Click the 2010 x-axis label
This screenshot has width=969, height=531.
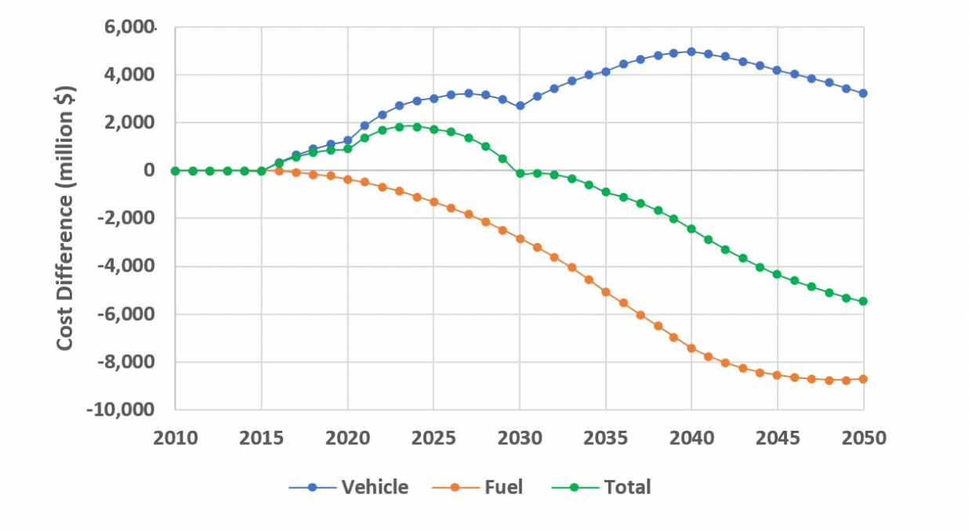(175, 438)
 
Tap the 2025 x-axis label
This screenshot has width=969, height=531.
(434, 438)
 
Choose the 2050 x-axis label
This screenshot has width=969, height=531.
(863, 438)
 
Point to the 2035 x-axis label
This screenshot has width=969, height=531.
(605, 438)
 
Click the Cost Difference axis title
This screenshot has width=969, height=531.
(66, 219)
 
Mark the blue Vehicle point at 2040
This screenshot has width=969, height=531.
(691, 52)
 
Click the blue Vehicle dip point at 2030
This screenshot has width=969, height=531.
(520, 105)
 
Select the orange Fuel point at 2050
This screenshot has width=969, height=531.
(863, 379)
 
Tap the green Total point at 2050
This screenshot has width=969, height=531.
(863, 302)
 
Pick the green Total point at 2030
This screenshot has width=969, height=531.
(520, 173)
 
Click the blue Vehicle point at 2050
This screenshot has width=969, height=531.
(863, 93)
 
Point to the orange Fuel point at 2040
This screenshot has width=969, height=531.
(691, 348)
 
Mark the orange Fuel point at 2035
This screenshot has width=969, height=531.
(605, 291)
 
